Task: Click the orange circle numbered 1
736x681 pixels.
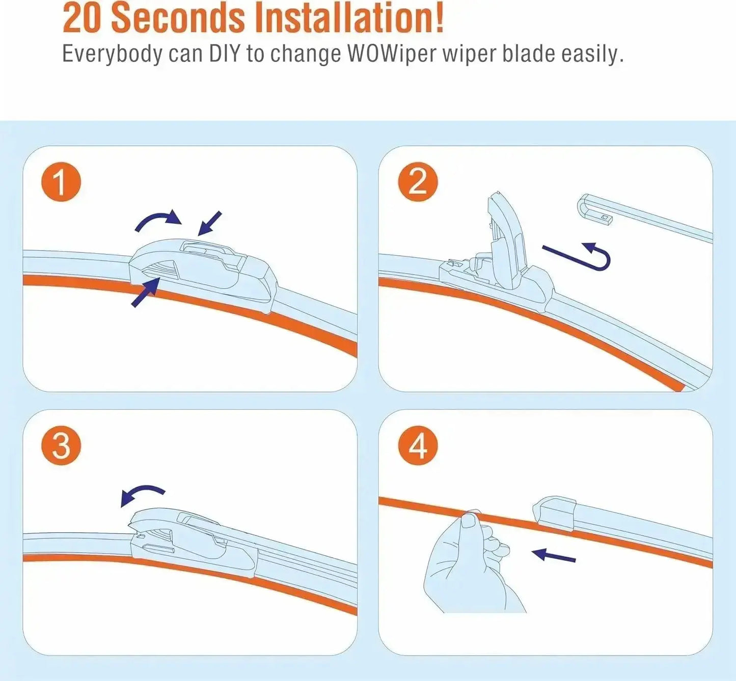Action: pyautogui.click(x=61, y=182)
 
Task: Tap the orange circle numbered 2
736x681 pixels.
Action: pyautogui.click(x=418, y=182)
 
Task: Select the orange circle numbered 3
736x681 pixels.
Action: pyautogui.click(x=61, y=446)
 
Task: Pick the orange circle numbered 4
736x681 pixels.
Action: pyautogui.click(x=418, y=446)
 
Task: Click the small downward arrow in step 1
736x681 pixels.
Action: pyautogui.click(x=209, y=223)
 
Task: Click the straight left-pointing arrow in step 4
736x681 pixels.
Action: pyautogui.click(x=554, y=555)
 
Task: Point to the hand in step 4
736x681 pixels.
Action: pyautogui.click(x=469, y=565)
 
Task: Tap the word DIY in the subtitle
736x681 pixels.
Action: pyautogui.click(x=224, y=53)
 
